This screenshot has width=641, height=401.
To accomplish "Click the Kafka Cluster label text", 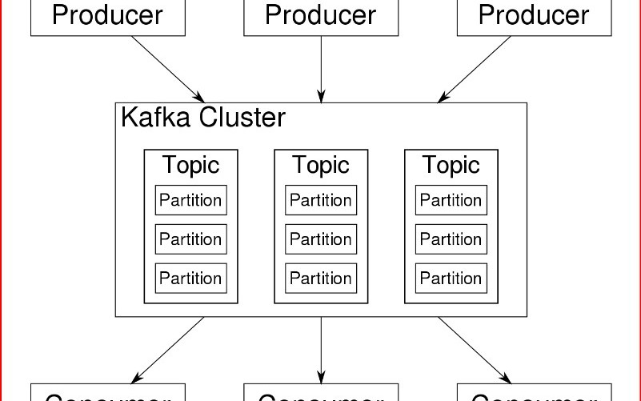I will point(202,118).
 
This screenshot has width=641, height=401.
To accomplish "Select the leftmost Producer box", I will point(108,17).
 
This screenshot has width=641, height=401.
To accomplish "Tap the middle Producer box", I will point(321,17).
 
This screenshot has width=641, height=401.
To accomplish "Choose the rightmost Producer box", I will point(534,17).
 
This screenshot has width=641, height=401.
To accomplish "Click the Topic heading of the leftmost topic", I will point(190,165).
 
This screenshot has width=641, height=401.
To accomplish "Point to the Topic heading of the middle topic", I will point(321,165).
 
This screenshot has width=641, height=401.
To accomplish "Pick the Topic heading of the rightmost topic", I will point(451,165).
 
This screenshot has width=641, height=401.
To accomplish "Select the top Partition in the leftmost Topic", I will point(190,200).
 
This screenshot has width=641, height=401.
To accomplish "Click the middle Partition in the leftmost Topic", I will point(190,239).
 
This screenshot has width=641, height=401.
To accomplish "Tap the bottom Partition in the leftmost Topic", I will point(190,278).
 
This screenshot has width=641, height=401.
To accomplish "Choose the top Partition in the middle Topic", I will point(321,200).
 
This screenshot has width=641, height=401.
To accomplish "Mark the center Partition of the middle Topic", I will point(321,239).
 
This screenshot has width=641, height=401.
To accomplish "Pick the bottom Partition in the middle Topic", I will point(321,278).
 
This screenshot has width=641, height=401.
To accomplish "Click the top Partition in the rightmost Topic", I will point(451,200).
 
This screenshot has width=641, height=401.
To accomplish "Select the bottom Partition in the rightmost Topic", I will point(451,278).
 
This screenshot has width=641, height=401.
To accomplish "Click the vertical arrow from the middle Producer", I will point(321,69).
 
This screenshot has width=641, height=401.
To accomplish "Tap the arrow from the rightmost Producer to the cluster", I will point(475,69).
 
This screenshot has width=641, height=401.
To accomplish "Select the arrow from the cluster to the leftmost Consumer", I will point(168,350).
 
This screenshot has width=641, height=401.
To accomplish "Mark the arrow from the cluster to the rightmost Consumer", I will point(475,350).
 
